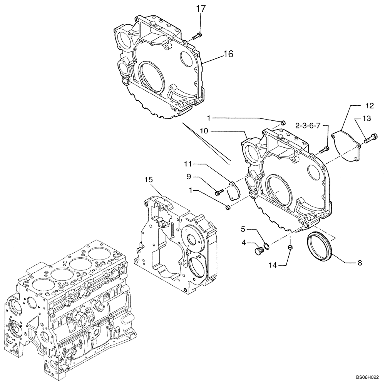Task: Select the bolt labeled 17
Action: [x=196, y=35]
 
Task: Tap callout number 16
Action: [x=228, y=54]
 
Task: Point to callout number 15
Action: [x=149, y=180]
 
